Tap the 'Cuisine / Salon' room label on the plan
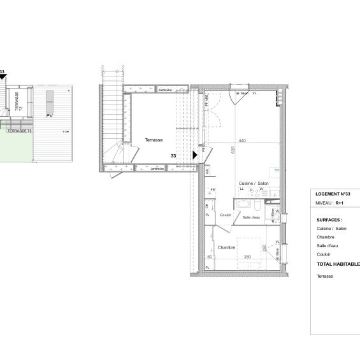pos(254,184)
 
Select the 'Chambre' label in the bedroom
pos(227,247)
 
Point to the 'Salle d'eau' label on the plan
pos(251,217)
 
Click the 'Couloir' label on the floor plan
pos(225,215)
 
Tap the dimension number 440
pos(243,141)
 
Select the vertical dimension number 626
pos(234,151)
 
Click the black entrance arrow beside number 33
pos(195,154)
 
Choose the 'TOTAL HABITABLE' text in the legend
pos(338,263)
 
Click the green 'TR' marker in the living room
pos(277,170)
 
